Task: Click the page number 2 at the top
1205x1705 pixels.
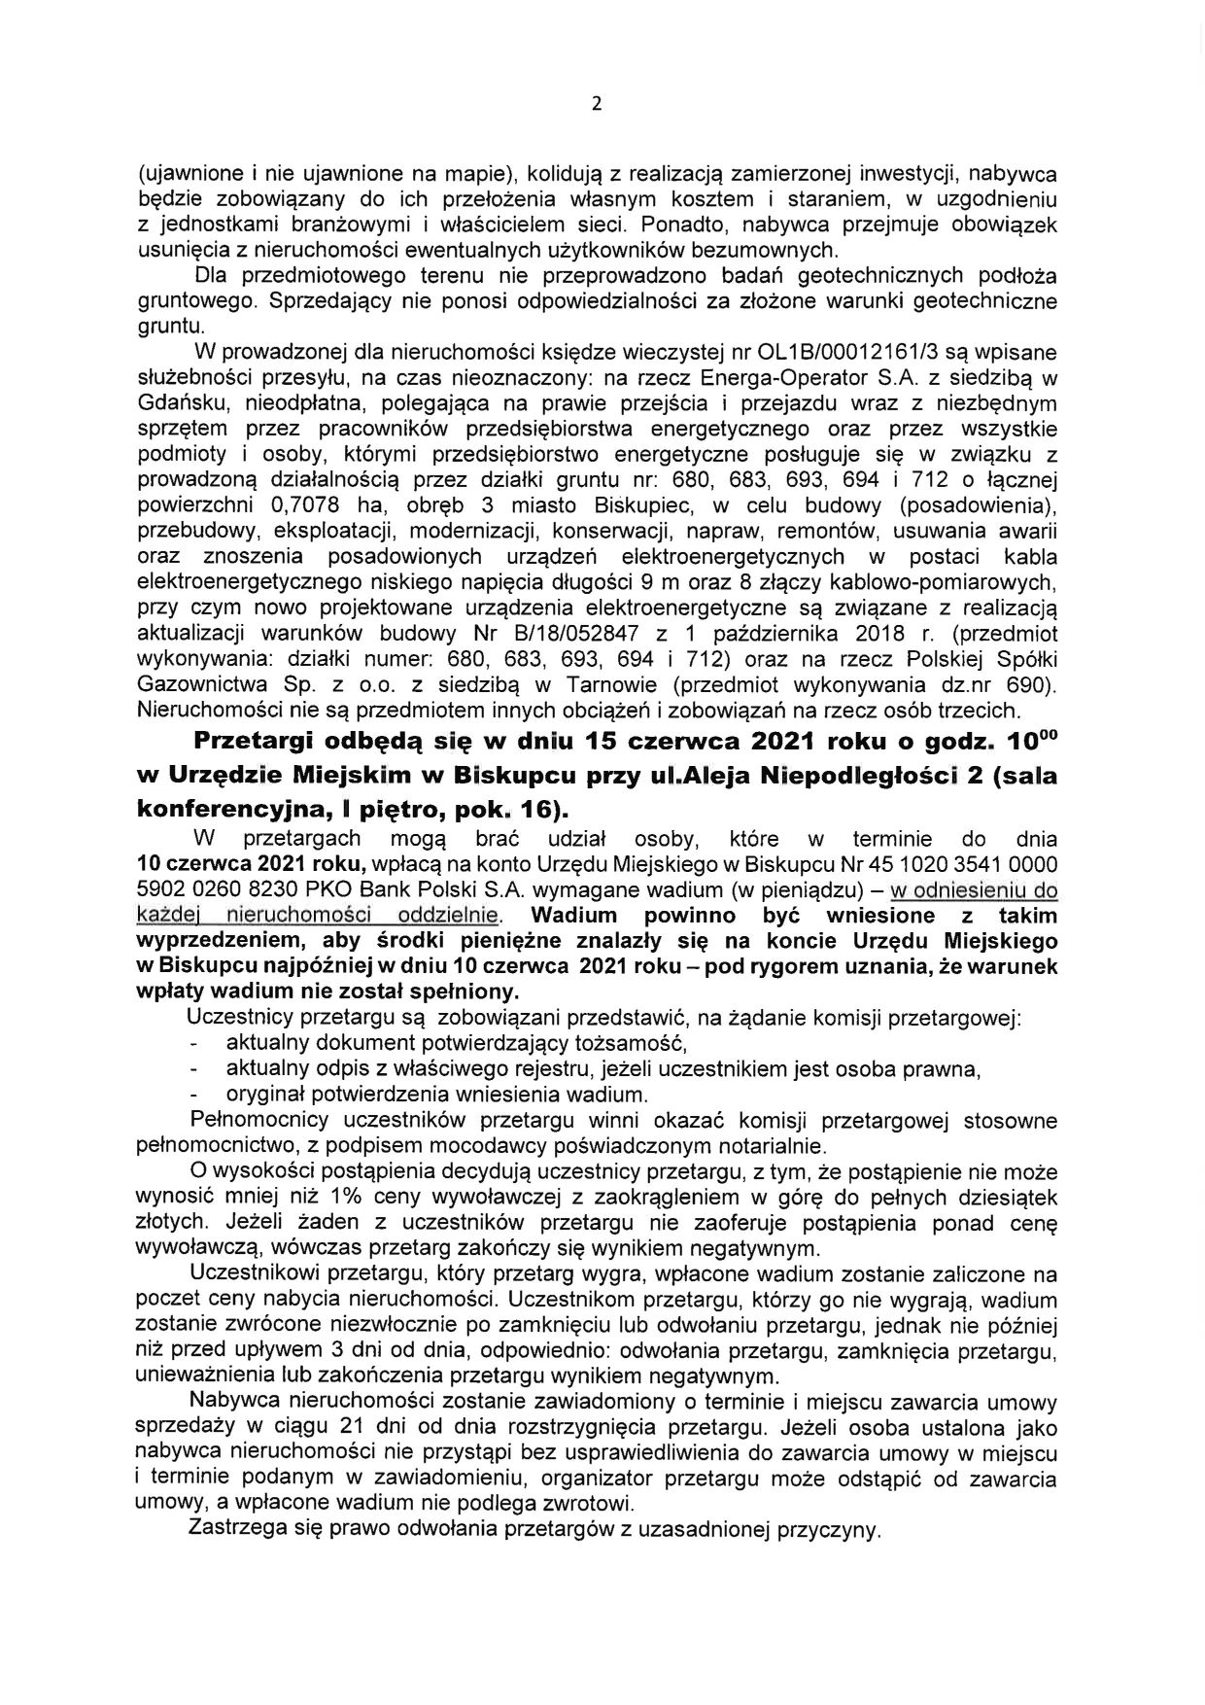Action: [597, 104]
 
